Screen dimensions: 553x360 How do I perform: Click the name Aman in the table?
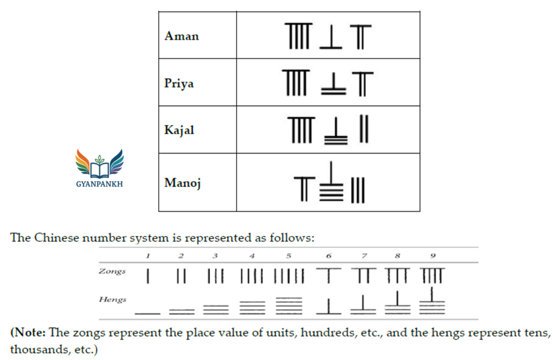[181, 36]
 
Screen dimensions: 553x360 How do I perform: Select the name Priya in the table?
[179, 84]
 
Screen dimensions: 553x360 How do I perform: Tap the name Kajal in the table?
[179, 130]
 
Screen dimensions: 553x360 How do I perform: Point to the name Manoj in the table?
[183, 182]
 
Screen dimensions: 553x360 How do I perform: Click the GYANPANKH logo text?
[99, 184]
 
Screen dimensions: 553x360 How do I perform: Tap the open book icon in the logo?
[99, 170]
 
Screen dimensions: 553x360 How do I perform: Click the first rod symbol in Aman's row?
[298, 36]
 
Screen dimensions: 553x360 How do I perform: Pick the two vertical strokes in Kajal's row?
[364, 128]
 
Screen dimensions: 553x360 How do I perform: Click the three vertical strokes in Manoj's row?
[358, 190]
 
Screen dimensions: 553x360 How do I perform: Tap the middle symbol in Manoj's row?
[331, 181]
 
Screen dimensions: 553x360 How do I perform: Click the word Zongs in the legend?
[112, 271]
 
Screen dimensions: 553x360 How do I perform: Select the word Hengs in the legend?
[112, 300]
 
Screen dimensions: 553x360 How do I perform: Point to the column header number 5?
[289, 256]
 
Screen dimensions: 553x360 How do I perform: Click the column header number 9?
[433, 256]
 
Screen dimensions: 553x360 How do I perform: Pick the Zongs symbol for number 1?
[148, 276]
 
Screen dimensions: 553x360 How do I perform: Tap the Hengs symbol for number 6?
[329, 306]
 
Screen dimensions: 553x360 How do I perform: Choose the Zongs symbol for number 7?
[363, 275]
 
